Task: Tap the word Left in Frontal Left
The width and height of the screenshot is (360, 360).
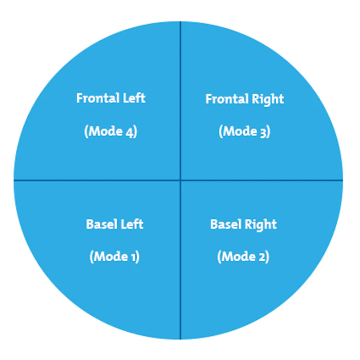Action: pos(134,98)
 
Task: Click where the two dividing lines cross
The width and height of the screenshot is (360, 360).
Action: pos(180,180)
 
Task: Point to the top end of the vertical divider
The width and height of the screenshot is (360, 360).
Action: pos(180,22)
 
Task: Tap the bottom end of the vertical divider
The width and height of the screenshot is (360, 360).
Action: pos(180,338)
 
